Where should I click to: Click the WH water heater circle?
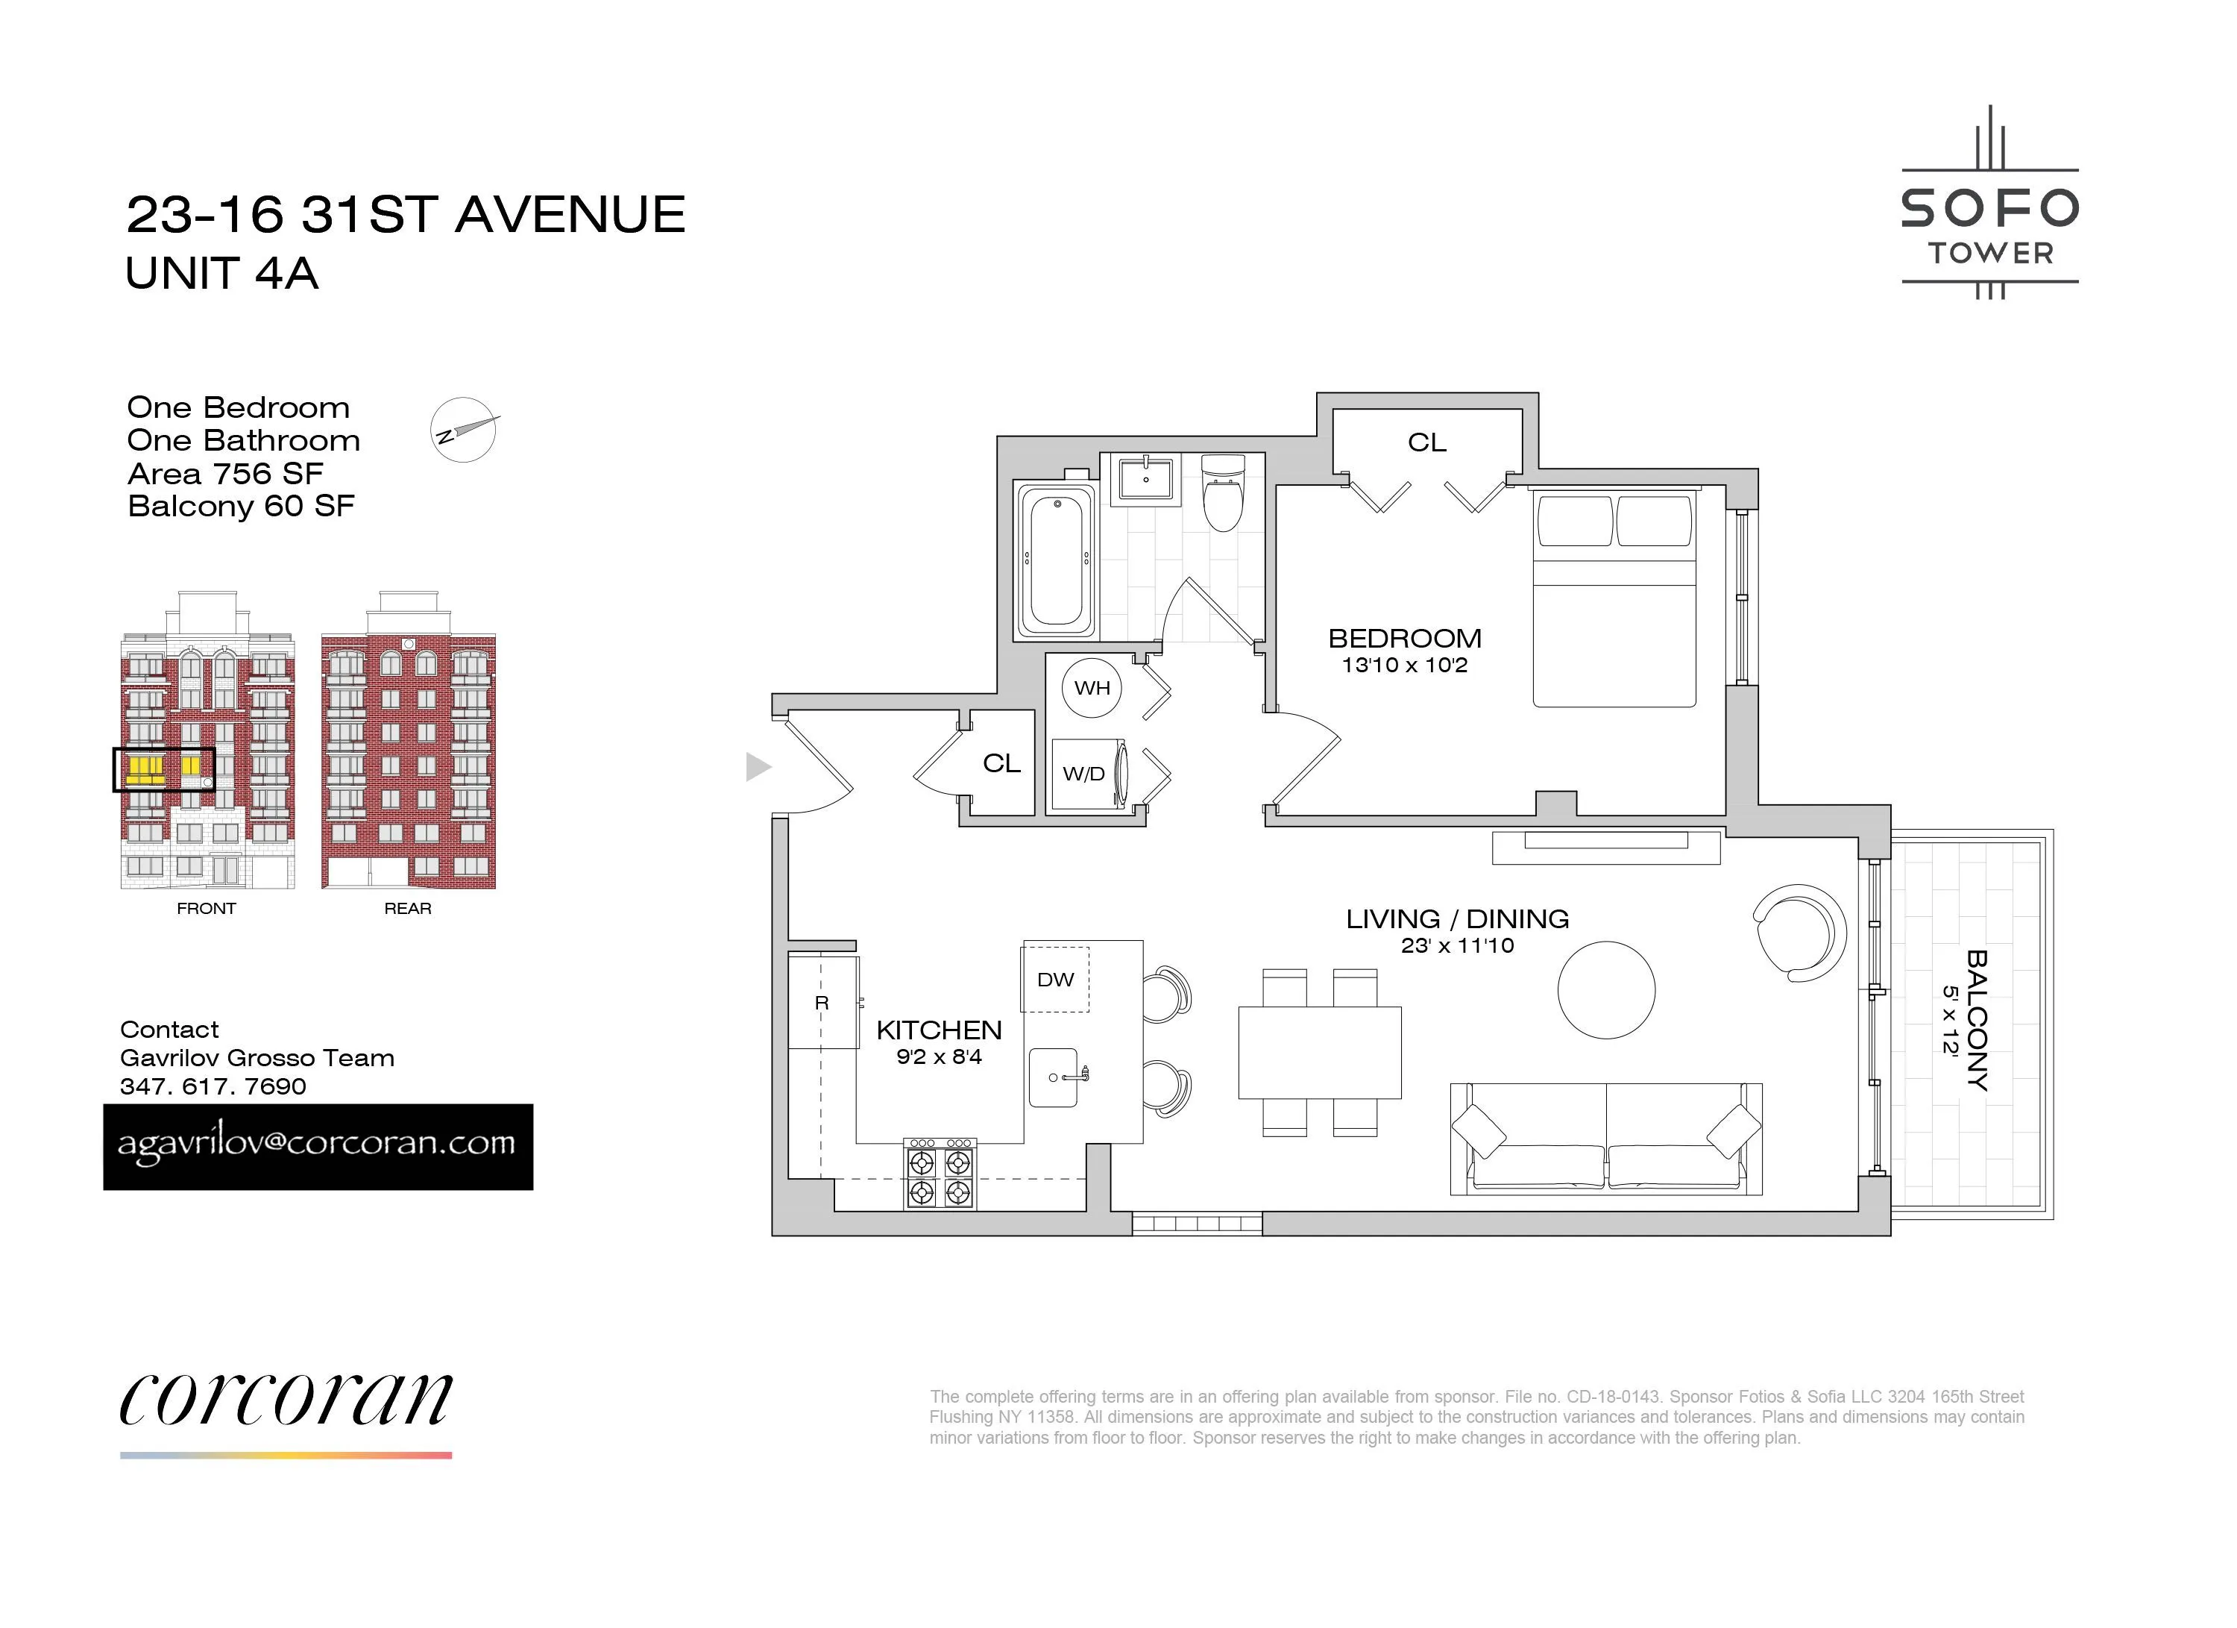pos(1092,688)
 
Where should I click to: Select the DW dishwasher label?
pos(1055,980)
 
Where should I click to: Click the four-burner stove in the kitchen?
pos(940,1174)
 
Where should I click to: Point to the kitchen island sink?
pos(1054,1077)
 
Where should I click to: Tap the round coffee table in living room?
pos(1605,989)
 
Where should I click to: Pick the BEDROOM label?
pos(1405,639)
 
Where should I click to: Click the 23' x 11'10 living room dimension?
pos(1457,945)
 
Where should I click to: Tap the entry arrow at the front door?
pos(758,767)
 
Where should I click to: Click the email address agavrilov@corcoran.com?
pos(318,1145)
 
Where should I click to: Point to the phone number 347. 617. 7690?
pos(213,1086)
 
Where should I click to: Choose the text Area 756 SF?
pos(225,474)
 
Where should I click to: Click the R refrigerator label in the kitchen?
pos(822,1004)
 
